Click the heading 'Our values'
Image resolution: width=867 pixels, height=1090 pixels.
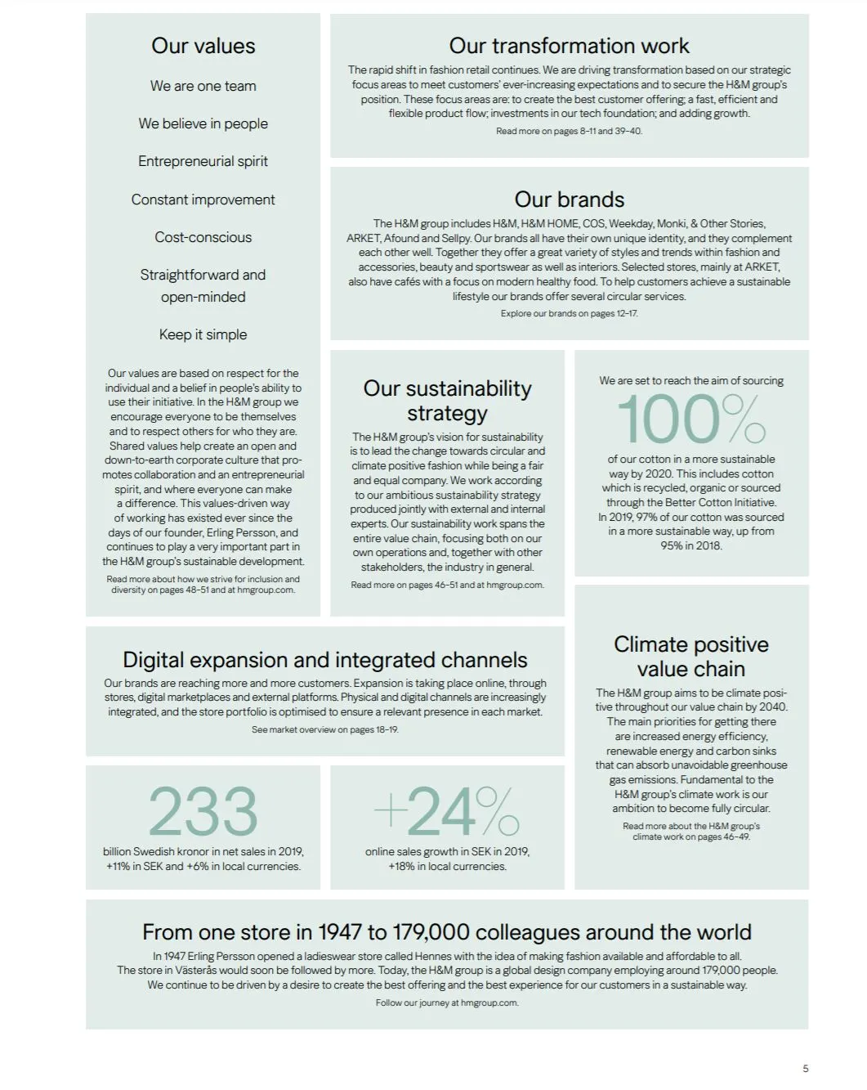[203, 47]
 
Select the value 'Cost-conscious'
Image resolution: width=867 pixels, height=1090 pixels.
[203, 237]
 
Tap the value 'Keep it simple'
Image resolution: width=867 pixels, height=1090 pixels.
[203, 334]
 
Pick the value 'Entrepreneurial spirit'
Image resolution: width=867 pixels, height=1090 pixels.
[203, 161]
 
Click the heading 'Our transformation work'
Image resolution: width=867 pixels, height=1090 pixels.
[569, 46]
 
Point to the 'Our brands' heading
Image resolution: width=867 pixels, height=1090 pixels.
[569, 200]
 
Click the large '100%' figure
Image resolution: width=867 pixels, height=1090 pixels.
[690, 419]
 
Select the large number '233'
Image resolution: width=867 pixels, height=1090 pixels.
[203, 811]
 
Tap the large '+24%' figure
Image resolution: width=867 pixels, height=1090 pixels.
[446, 811]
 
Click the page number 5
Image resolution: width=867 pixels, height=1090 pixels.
[805, 1068]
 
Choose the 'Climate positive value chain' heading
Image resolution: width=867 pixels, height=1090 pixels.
[690, 657]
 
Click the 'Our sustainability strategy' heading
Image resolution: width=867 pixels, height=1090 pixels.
[447, 401]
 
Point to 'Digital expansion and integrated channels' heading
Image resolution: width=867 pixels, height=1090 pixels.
[324, 660]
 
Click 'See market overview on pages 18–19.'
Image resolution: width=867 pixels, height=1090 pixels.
[324, 729]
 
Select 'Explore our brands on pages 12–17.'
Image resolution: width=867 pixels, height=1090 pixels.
[569, 313]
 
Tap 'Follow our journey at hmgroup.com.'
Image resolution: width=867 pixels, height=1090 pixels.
[446, 1003]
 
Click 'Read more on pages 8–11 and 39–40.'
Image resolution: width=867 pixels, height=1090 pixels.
[569, 131]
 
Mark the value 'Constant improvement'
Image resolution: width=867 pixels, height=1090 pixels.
[203, 200]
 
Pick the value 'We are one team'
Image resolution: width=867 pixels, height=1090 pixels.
[203, 86]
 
